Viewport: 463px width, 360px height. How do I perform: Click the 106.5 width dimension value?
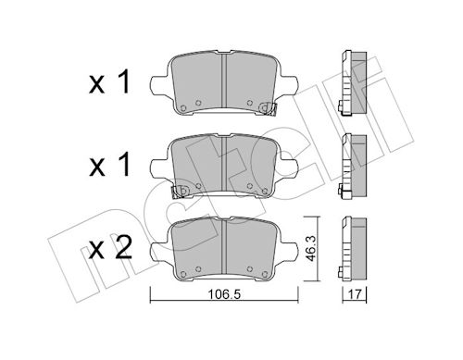click(x=224, y=294)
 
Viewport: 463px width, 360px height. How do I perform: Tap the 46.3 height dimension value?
click(x=311, y=249)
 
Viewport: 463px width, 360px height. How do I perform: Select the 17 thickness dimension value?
click(x=355, y=294)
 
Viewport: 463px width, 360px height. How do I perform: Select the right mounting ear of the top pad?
click(x=288, y=84)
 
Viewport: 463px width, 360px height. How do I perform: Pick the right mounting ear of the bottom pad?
click(x=288, y=251)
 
